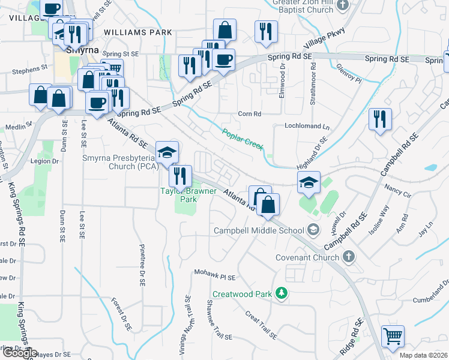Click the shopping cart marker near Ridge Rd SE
point(393,337)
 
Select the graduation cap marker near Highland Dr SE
point(309,182)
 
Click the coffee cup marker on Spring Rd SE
point(224,60)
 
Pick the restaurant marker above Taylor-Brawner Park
point(180,176)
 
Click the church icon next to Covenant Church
point(348,257)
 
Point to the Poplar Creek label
point(243,140)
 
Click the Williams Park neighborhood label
point(137,32)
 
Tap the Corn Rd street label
point(250,113)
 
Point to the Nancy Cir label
point(399,195)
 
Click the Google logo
point(19,352)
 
